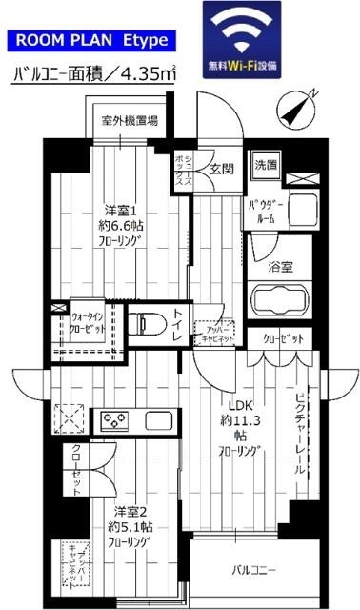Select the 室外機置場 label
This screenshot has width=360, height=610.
pyautogui.click(x=130, y=121)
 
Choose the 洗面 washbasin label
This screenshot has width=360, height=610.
pyautogui.click(x=266, y=165)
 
